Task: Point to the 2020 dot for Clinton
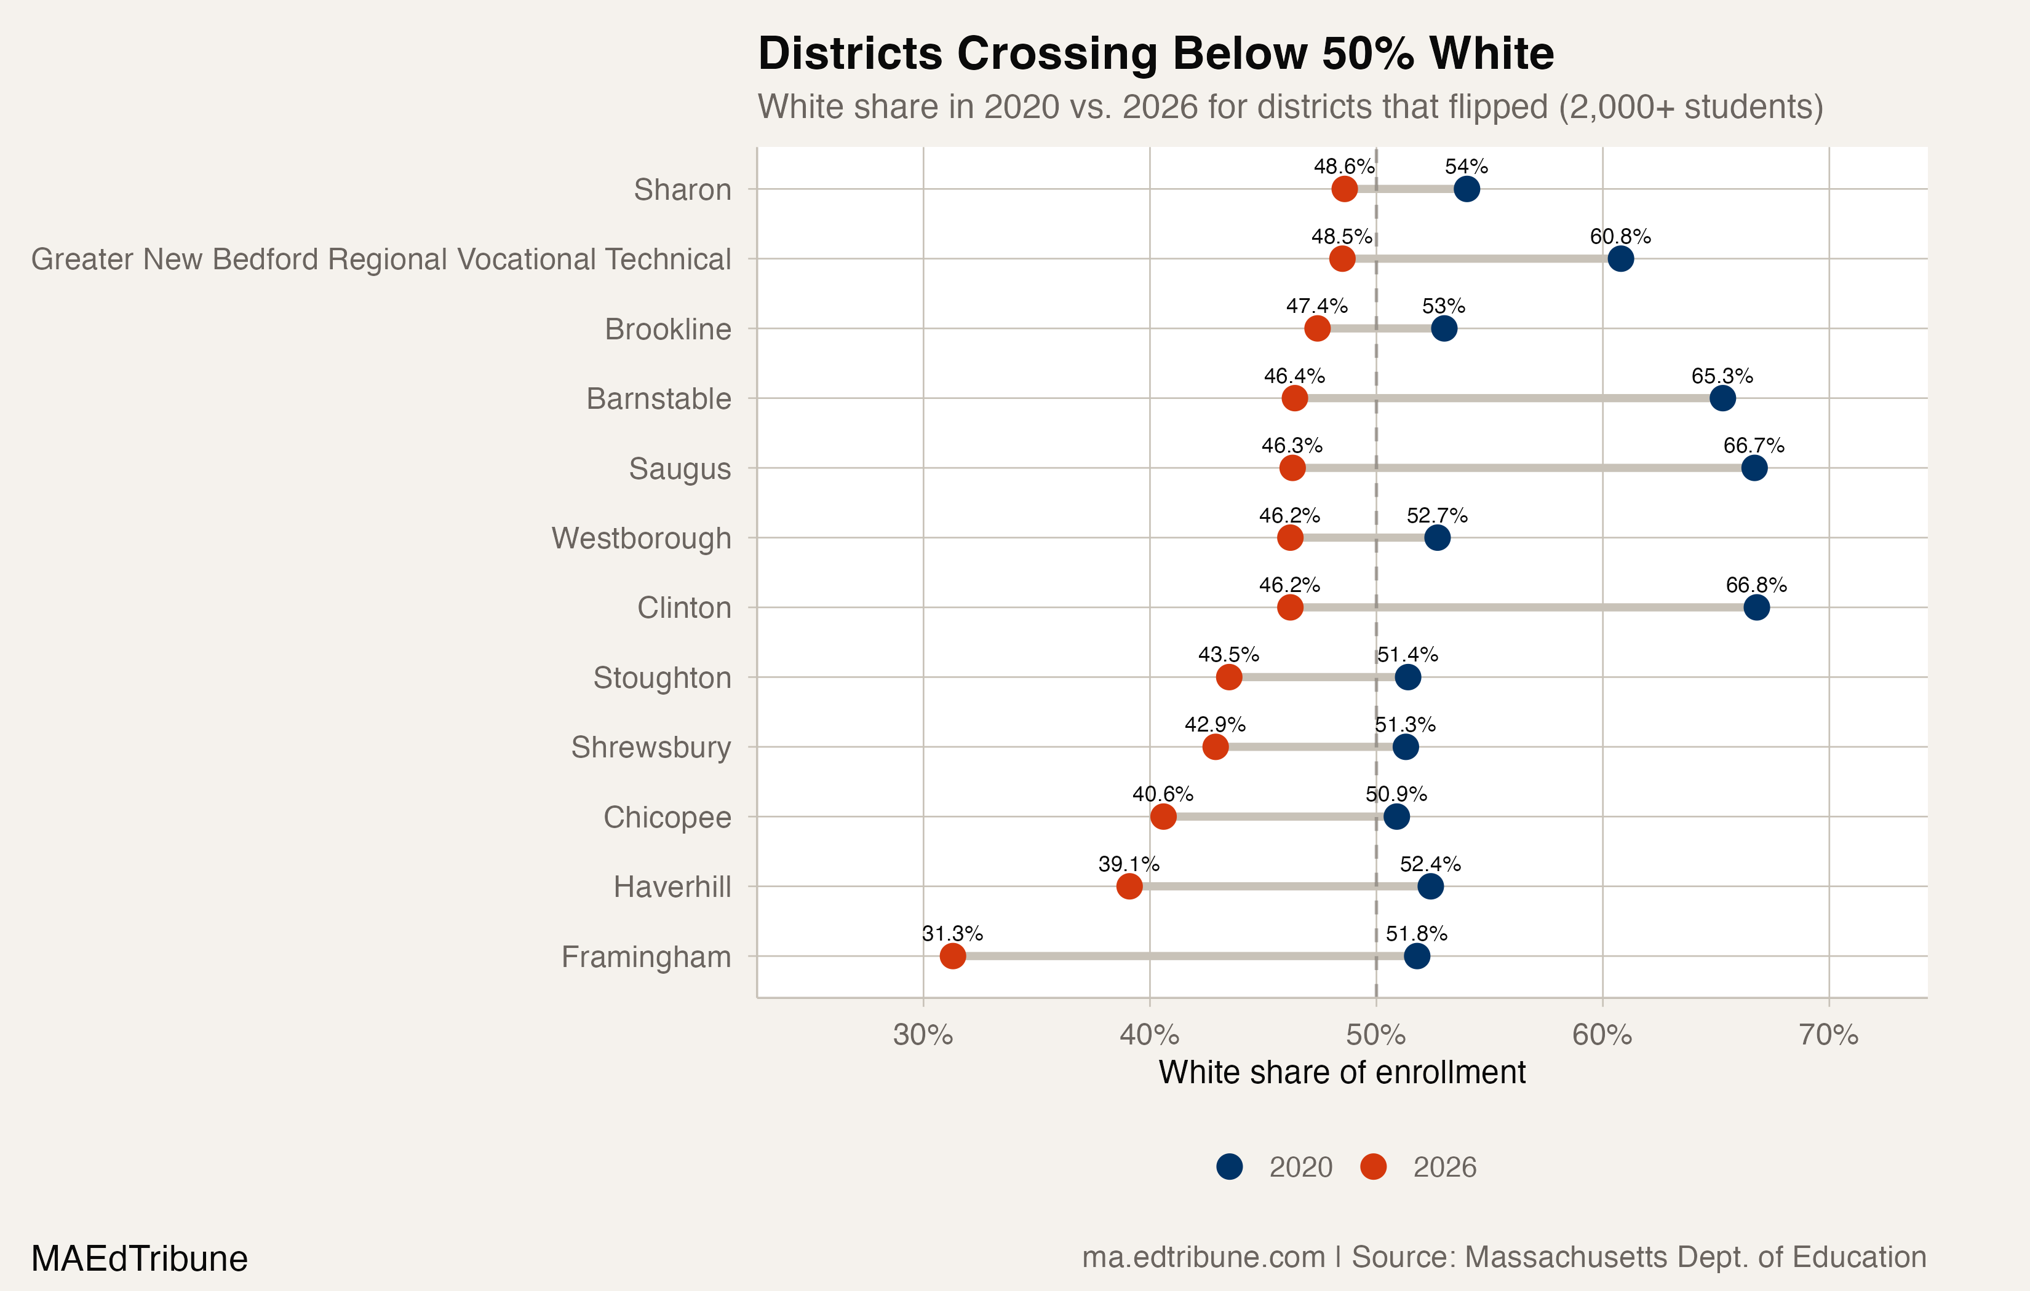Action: (x=1756, y=607)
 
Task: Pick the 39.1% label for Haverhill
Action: (x=1128, y=864)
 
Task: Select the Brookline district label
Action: (x=667, y=329)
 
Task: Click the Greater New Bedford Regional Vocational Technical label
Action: (x=380, y=259)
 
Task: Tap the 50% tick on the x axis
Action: (x=1376, y=1034)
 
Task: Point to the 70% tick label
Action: (x=1828, y=1034)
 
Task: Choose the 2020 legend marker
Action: (x=1229, y=1166)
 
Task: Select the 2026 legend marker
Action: (x=1373, y=1166)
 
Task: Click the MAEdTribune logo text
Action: (x=139, y=1258)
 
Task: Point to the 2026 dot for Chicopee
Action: (x=1163, y=816)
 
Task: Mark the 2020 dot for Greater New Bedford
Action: (x=1620, y=259)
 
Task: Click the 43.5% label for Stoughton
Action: (x=1228, y=655)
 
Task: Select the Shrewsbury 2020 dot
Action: (x=1406, y=746)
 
